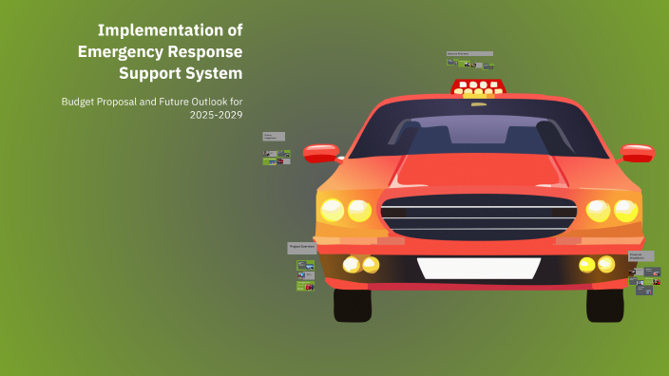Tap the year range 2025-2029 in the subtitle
click(x=217, y=115)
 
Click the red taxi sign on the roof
click(x=478, y=86)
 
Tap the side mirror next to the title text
click(x=321, y=152)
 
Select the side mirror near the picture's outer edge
click(x=637, y=152)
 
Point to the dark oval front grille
click(x=478, y=216)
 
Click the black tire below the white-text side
click(x=353, y=304)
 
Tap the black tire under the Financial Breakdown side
click(x=605, y=304)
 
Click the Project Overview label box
click(x=301, y=248)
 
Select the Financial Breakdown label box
click(x=640, y=256)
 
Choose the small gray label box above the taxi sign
click(x=469, y=54)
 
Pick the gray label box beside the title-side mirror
click(x=273, y=137)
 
